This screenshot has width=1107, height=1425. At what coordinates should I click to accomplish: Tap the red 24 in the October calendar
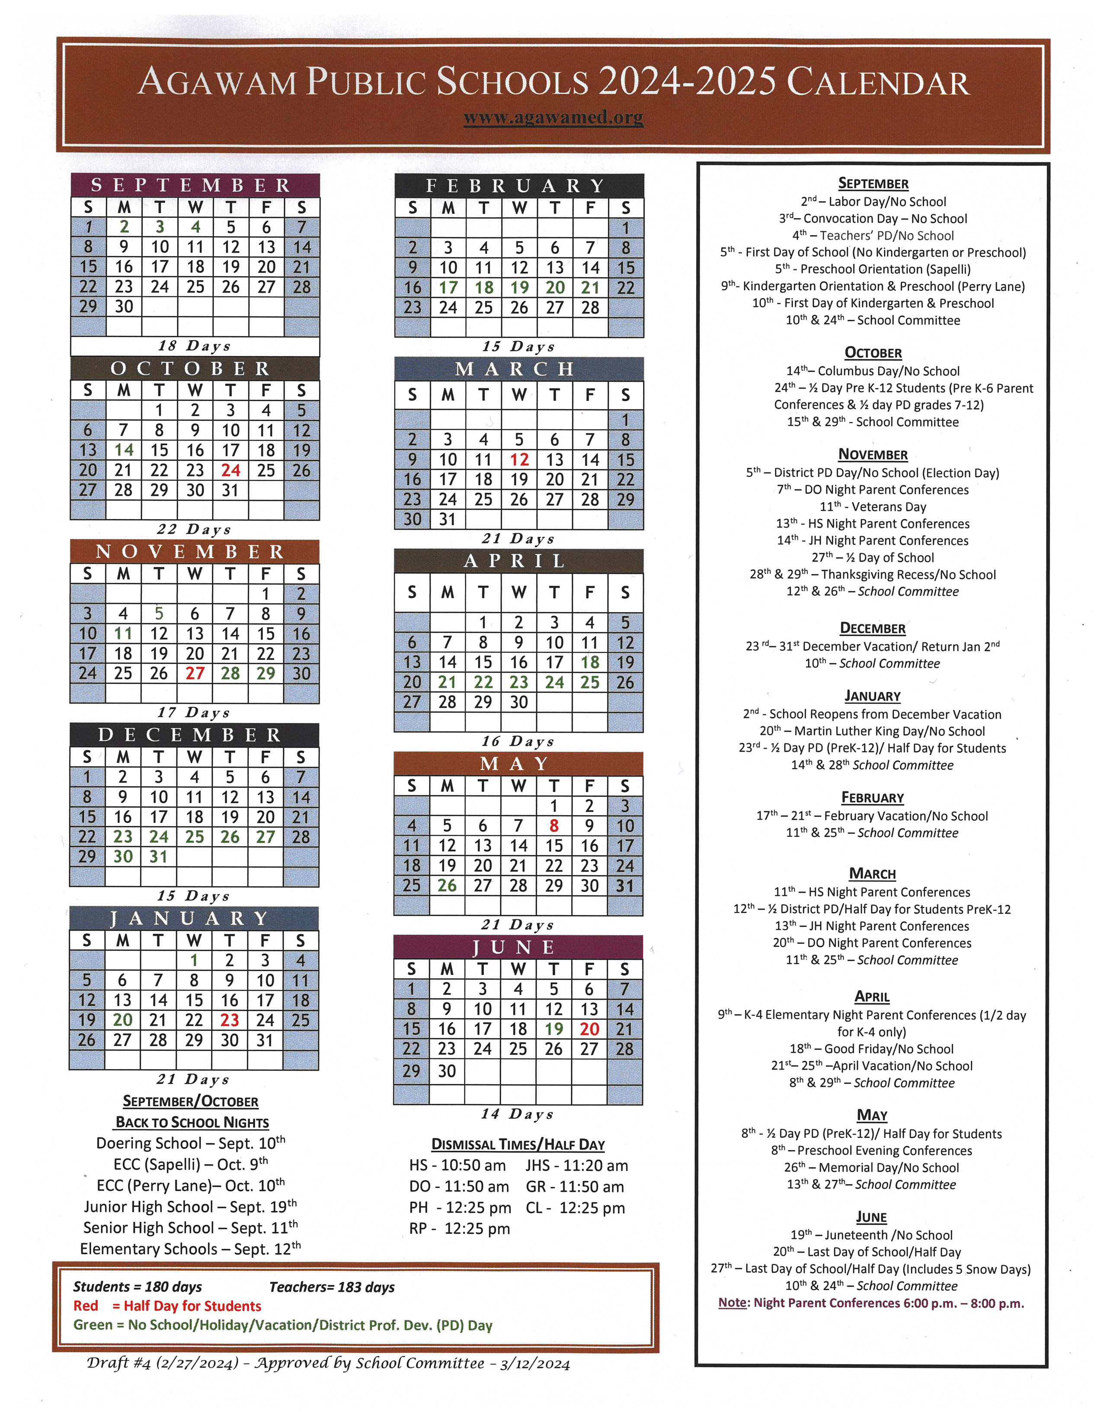tap(230, 470)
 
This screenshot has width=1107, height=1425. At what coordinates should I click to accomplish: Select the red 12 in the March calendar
tap(519, 460)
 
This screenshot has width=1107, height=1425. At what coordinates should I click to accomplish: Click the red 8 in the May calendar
tap(553, 826)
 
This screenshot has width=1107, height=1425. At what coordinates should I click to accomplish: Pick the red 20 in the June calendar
tap(589, 1029)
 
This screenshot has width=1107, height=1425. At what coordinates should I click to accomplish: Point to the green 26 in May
tap(447, 886)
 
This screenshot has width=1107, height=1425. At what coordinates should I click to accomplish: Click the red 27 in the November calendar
tap(195, 674)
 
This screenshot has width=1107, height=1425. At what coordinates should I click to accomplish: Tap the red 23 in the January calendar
tap(229, 1020)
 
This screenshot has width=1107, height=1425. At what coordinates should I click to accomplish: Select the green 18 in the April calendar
tap(589, 663)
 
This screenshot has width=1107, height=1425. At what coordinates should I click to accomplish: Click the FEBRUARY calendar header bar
tap(519, 186)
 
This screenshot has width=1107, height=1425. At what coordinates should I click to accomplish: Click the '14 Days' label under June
tap(518, 1115)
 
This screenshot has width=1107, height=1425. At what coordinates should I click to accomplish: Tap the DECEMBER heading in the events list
tap(872, 628)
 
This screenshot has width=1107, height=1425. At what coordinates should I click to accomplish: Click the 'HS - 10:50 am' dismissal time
tap(457, 1166)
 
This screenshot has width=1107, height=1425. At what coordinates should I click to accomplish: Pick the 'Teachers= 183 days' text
tap(332, 1288)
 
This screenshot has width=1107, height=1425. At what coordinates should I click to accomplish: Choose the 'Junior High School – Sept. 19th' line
tap(190, 1207)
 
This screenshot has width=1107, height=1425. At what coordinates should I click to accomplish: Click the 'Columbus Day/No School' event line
tap(873, 371)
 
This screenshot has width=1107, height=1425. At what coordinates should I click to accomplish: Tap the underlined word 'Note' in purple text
tap(733, 1303)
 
